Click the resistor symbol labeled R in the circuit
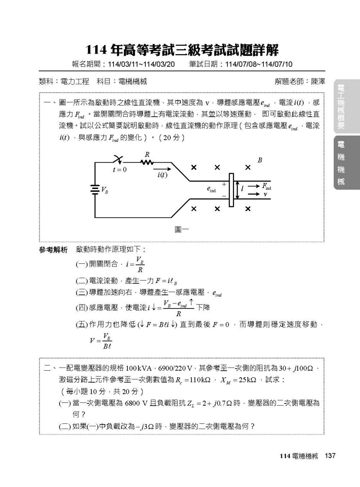coord(147,162)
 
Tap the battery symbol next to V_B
coord(95,190)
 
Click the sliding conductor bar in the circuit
coord(231,190)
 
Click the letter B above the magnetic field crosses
coord(260,160)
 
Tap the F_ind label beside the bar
coord(266,186)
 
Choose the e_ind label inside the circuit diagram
coord(211,189)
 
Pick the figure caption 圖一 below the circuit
coord(182,229)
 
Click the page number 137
coord(330,456)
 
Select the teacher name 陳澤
coord(318,82)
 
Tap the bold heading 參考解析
coord(53,250)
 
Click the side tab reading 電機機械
coord(341,163)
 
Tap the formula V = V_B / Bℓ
coord(101,341)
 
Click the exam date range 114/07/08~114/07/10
coord(258,64)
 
